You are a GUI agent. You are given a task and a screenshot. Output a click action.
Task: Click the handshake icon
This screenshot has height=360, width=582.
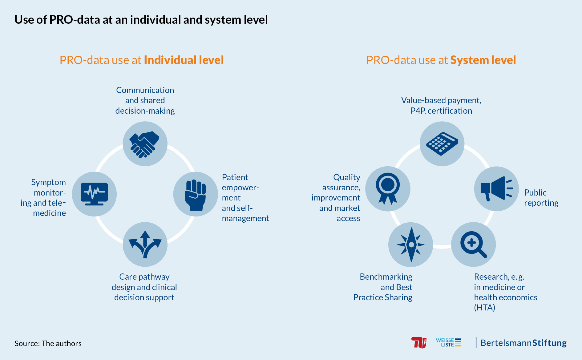coord(144,144)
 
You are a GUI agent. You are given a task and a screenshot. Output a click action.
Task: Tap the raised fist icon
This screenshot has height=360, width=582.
coord(195,195)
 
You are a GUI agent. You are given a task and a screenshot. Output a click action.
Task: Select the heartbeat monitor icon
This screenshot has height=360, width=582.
coord(94,194)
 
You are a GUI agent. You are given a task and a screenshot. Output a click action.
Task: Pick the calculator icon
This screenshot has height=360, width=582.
coord(442,144)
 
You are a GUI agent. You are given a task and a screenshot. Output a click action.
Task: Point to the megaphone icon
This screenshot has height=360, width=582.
coord(496,188)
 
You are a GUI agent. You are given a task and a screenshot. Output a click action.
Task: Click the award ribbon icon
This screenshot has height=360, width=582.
coord(388,188)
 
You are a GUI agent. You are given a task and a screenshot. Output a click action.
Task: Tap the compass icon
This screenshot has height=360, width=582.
coord(411,245)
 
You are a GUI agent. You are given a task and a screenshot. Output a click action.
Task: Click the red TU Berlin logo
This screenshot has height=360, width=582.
coord(419,343)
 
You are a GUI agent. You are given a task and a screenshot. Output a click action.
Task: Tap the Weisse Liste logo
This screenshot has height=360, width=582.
coord(449,342)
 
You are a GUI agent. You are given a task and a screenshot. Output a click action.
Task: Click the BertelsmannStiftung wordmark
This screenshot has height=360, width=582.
coord(523,343)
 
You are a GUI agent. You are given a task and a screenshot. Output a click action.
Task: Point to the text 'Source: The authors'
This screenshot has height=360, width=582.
coord(48,343)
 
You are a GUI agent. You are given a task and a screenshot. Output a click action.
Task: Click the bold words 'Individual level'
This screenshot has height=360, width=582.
coord(184,60)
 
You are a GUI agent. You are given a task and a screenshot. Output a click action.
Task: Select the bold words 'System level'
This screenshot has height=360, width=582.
coord(483,60)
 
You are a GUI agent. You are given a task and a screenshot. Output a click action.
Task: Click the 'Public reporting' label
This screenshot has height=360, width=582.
coord(541,198)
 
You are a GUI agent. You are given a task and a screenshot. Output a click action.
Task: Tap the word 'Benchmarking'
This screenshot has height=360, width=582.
coord(386,277)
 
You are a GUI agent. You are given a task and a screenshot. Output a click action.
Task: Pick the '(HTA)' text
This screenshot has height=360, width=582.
coord(485,308)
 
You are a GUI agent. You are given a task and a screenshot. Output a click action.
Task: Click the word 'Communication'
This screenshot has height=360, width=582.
coord(145,90)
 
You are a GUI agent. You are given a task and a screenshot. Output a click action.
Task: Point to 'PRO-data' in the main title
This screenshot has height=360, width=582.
coord(75,20)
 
